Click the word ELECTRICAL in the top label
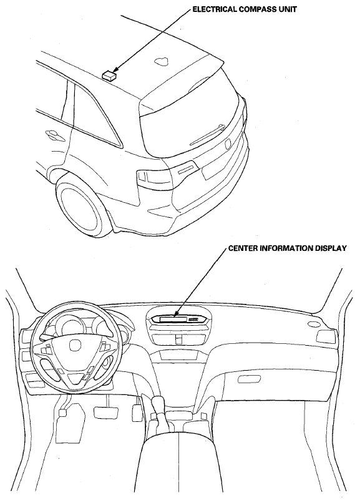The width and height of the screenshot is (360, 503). click(215, 9)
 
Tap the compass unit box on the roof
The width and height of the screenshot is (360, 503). click(109, 75)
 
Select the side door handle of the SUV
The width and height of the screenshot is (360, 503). click(54, 135)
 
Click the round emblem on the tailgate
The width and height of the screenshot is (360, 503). click(228, 144)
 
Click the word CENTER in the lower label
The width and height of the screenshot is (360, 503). click(241, 248)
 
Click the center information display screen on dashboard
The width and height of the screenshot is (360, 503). click(172, 319)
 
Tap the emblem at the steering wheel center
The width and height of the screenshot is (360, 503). click(75, 345)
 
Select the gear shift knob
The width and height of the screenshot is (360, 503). click(158, 403)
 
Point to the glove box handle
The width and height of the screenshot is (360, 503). click(254, 379)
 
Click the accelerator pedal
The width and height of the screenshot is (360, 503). click(136, 413)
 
